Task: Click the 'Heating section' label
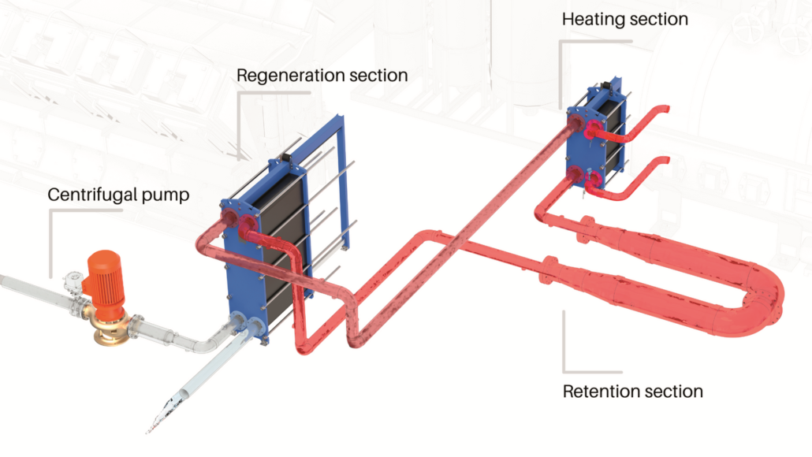(x=624, y=20)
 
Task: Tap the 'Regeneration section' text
(x=322, y=76)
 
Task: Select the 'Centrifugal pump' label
(x=118, y=195)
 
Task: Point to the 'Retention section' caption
(x=632, y=392)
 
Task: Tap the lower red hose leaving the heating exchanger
(x=628, y=182)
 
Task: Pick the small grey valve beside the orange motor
(x=73, y=281)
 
